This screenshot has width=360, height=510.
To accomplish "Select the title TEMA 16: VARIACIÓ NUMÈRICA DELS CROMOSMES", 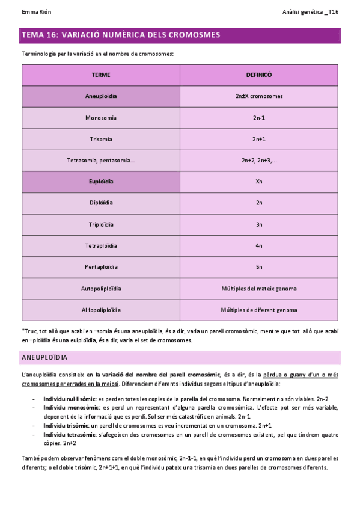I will (121, 35).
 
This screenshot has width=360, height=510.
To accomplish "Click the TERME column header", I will (101, 75).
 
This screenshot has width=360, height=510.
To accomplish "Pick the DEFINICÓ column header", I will (259, 75).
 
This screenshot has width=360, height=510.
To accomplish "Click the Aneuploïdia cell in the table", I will (101, 96).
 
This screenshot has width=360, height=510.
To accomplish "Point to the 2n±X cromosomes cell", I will (259, 96).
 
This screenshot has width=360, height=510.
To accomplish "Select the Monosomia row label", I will (101, 118).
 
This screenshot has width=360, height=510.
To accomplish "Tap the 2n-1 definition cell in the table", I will (259, 118).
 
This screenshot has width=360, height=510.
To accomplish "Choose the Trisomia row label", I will (101, 139).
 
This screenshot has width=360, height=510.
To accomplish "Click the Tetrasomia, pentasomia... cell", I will (101, 161).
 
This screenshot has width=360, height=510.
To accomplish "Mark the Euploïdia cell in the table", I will (101, 182).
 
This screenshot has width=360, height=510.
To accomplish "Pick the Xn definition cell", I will (259, 182).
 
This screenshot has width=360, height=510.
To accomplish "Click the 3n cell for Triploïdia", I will (259, 224).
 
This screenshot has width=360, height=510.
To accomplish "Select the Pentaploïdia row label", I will (101, 267).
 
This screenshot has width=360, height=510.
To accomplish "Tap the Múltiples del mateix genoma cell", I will (259, 289).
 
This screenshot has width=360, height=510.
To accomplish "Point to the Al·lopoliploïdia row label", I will (101, 310).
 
